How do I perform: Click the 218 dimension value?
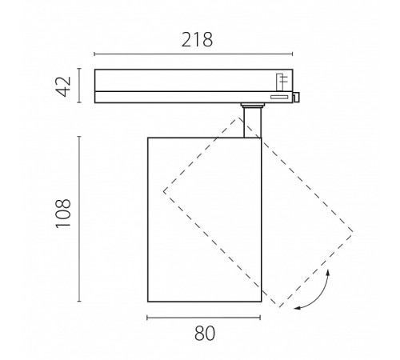click(197, 40)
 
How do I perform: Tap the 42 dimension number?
click(64, 86)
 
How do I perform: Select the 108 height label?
click(63, 214)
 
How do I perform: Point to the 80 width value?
click(205, 334)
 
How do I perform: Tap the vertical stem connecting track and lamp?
click(252, 122)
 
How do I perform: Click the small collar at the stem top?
click(252, 105)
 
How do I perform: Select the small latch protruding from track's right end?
click(296, 97)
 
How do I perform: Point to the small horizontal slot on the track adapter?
click(279, 97)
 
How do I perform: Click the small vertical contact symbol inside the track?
click(280, 82)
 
